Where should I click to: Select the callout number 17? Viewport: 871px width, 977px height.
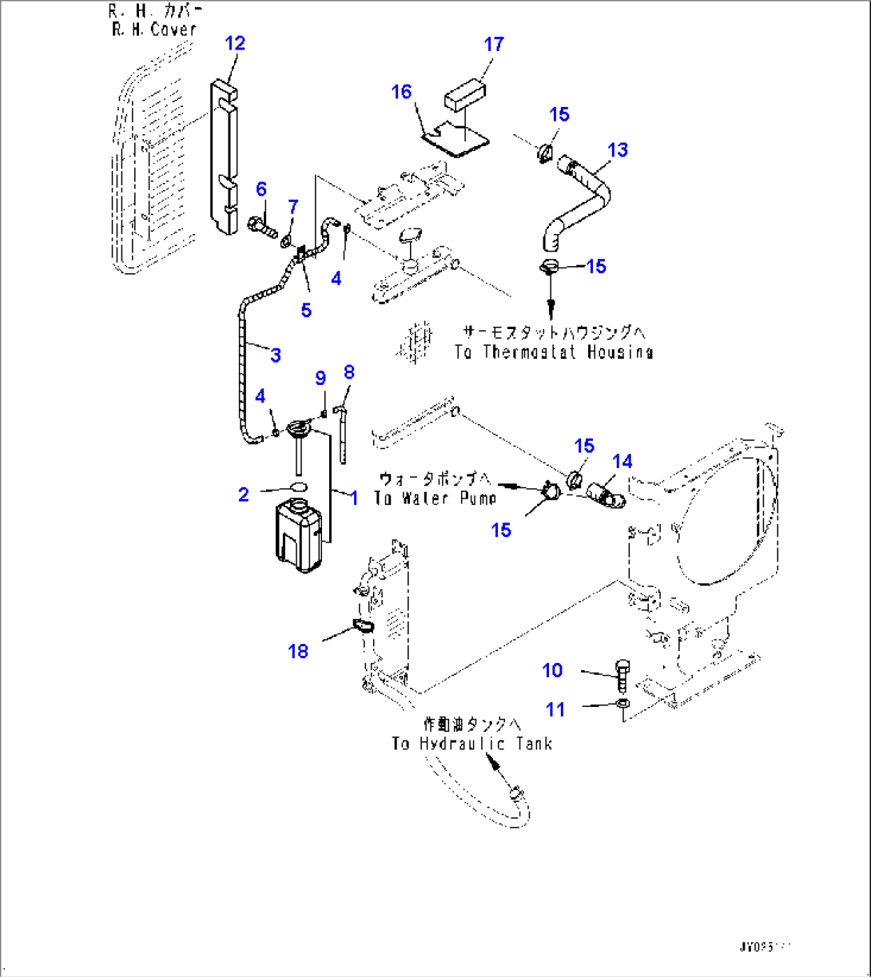495,44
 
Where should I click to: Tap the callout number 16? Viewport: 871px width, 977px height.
401,92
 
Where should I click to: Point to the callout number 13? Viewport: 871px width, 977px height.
617,149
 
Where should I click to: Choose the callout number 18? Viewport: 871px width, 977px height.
297,651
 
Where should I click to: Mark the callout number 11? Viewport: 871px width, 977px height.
555,709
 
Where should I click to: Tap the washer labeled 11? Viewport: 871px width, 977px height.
622,704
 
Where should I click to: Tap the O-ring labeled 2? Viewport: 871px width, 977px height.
296,487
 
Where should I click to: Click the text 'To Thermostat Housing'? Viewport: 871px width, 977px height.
553,351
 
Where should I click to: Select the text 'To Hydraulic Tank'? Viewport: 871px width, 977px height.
471,744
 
